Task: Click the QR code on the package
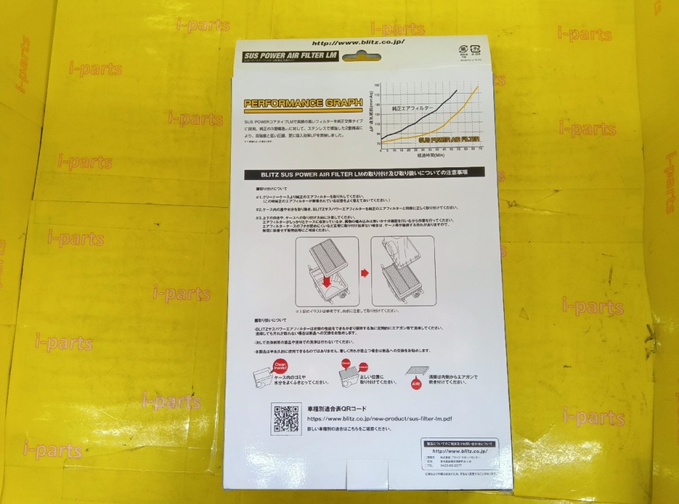pyautogui.click(x=284, y=418)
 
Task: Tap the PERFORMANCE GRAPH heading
pyautogui.click(x=302, y=103)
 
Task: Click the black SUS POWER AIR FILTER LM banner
pyautogui.click(x=292, y=56)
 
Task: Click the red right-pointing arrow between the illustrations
pyautogui.click(x=364, y=272)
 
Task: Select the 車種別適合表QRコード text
pyautogui.click(x=338, y=409)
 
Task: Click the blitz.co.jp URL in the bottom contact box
pyautogui.click(x=460, y=452)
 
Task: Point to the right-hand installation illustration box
pyautogui.click(x=403, y=271)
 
